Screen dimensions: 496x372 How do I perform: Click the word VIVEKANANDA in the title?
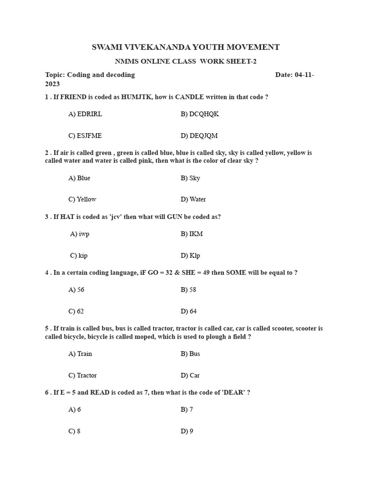(155, 47)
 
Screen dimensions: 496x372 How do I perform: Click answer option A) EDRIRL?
(85, 114)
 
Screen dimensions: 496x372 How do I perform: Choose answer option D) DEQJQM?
(199, 136)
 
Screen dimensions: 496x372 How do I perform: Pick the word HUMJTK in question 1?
(137, 97)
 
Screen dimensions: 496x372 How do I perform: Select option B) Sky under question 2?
(190, 178)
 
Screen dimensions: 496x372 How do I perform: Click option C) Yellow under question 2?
(82, 199)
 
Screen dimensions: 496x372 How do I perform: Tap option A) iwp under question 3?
(80, 234)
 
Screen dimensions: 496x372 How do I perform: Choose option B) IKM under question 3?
(192, 234)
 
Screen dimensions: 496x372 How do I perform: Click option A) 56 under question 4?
(76, 290)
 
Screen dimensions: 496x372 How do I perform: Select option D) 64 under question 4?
(188, 311)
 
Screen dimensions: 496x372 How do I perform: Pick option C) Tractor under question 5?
(82, 375)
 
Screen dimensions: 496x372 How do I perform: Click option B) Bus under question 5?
(190, 354)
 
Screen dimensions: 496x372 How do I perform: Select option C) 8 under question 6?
(74, 431)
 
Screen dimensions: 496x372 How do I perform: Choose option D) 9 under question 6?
(187, 431)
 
